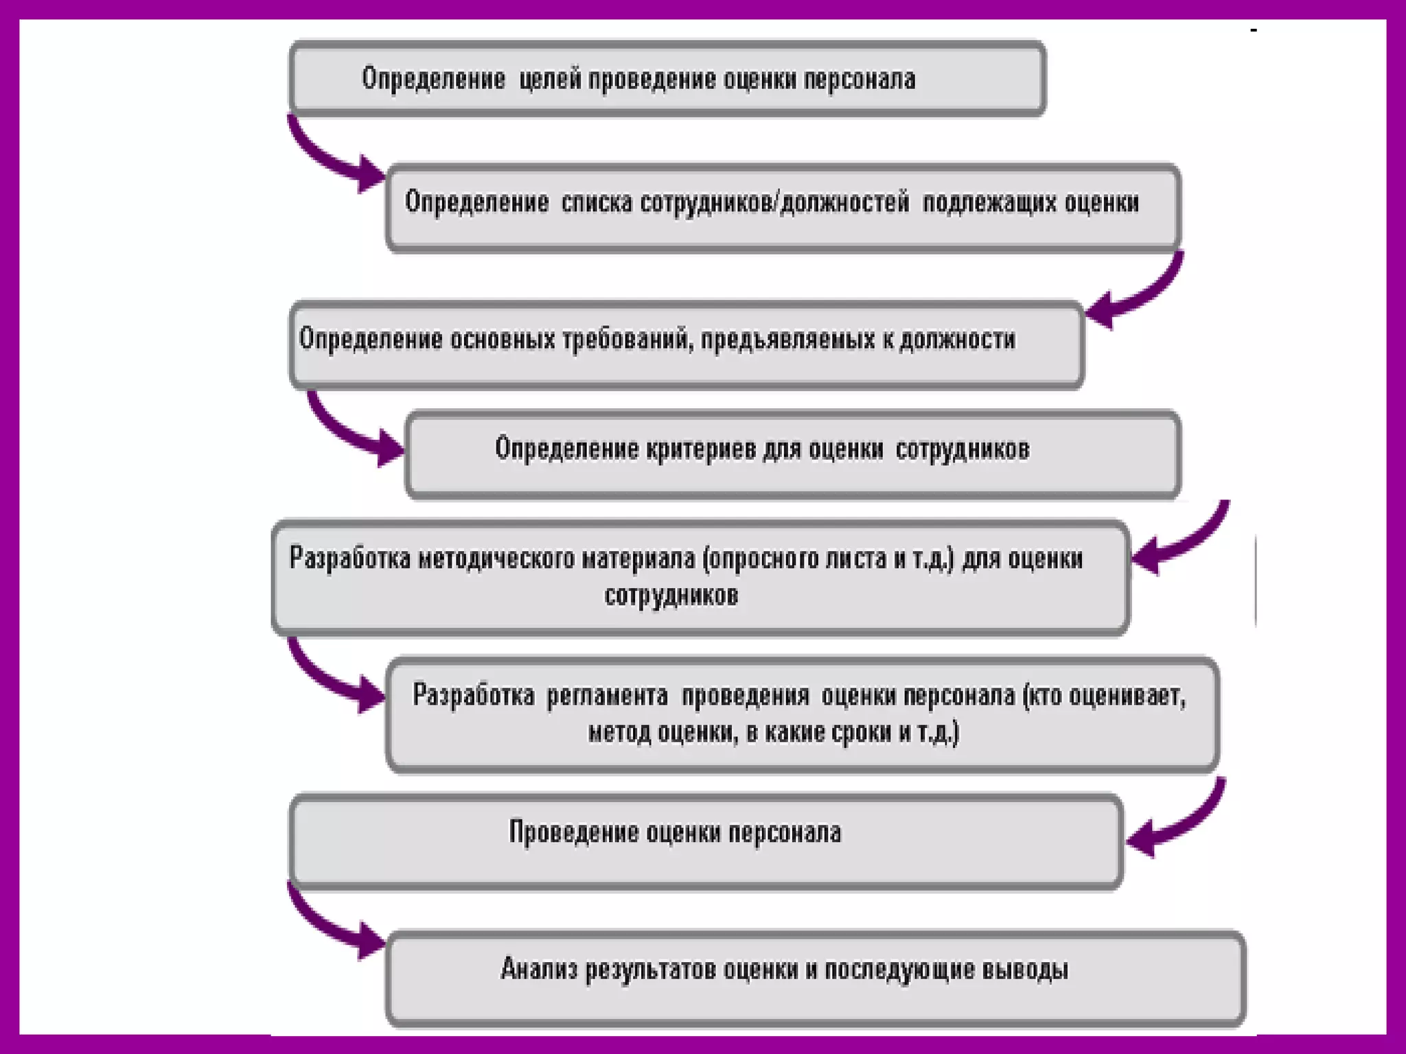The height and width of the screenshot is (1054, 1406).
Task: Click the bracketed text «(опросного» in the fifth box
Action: tap(759, 559)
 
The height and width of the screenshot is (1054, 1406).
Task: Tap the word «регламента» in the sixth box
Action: tap(607, 696)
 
